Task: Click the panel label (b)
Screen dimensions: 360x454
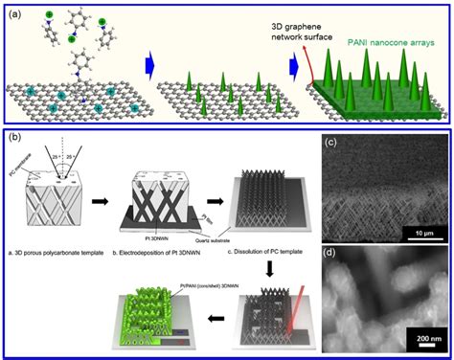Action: (x=16, y=136)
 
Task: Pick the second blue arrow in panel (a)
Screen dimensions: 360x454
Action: (x=283, y=69)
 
